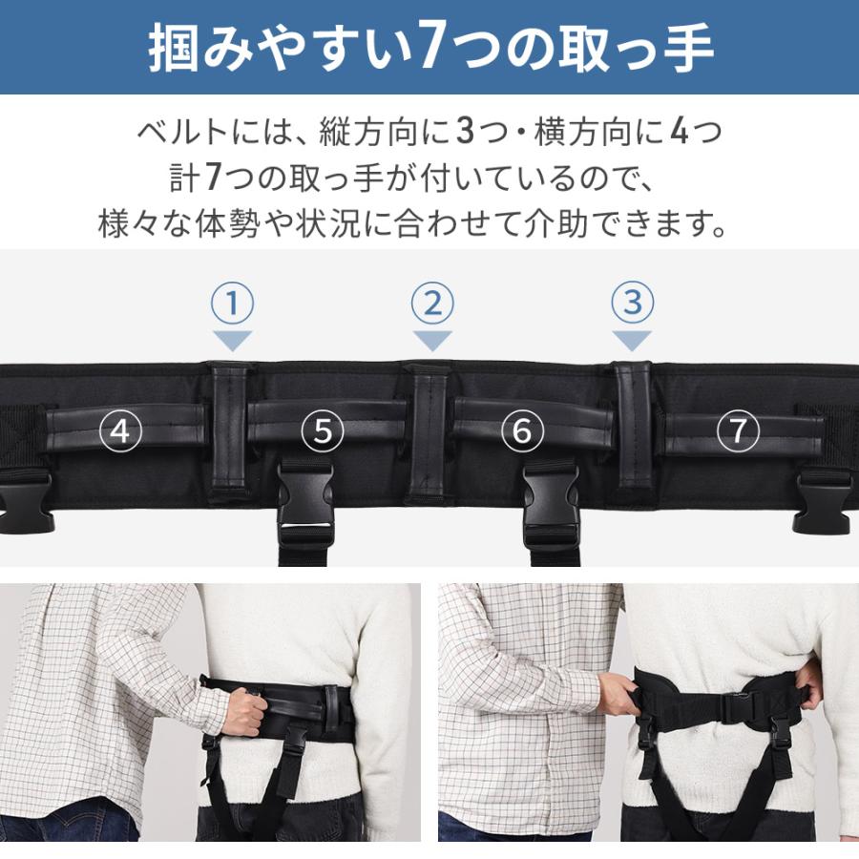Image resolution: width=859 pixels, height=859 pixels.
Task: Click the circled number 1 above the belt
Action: click(x=231, y=304)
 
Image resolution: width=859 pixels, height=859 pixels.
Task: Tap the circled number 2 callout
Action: click(x=431, y=304)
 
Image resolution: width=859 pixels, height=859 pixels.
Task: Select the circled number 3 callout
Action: click(x=632, y=304)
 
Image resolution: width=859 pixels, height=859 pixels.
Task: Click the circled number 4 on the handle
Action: click(x=119, y=431)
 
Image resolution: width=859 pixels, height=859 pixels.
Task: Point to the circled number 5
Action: click(x=323, y=431)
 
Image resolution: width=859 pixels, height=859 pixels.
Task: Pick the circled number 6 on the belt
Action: click(x=522, y=431)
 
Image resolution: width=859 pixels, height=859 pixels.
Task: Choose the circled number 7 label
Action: click(x=738, y=431)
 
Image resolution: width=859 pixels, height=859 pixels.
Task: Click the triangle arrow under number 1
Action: click(x=231, y=340)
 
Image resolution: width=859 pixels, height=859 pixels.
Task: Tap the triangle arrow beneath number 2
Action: click(x=431, y=340)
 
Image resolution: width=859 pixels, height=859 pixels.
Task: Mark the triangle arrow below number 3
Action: click(x=632, y=340)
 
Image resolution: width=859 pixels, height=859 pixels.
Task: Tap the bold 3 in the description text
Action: click(x=465, y=131)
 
